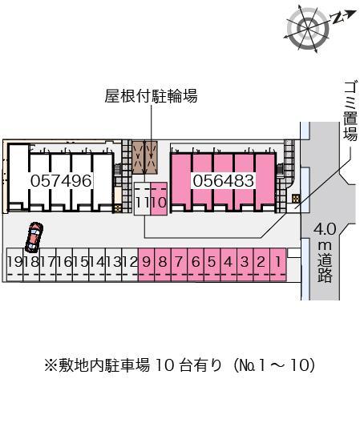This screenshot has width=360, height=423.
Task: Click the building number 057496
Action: (61, 181)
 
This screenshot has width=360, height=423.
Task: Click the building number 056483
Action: (224, 181)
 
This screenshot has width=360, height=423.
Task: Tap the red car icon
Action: (33, 236)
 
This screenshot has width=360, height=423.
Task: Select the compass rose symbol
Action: (307, 30)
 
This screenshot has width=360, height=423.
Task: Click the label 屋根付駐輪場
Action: (151, 97)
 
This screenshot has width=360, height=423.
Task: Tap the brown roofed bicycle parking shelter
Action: (146, 158)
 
